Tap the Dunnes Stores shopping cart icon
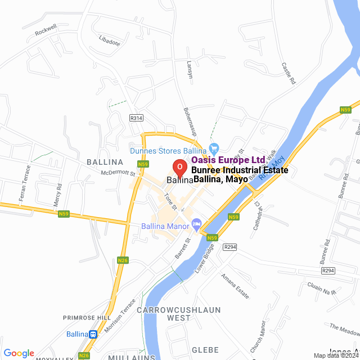tap(213, 148)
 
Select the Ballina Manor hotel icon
tap(196, 223)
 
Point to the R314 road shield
tap(136, 118)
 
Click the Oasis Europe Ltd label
tap(228, 160)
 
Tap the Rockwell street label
tap(46, 30)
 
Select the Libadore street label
tap(109, 42)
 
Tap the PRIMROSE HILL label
tap(87, 318)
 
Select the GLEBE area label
tap(206, 349)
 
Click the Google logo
tap(19, 353)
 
